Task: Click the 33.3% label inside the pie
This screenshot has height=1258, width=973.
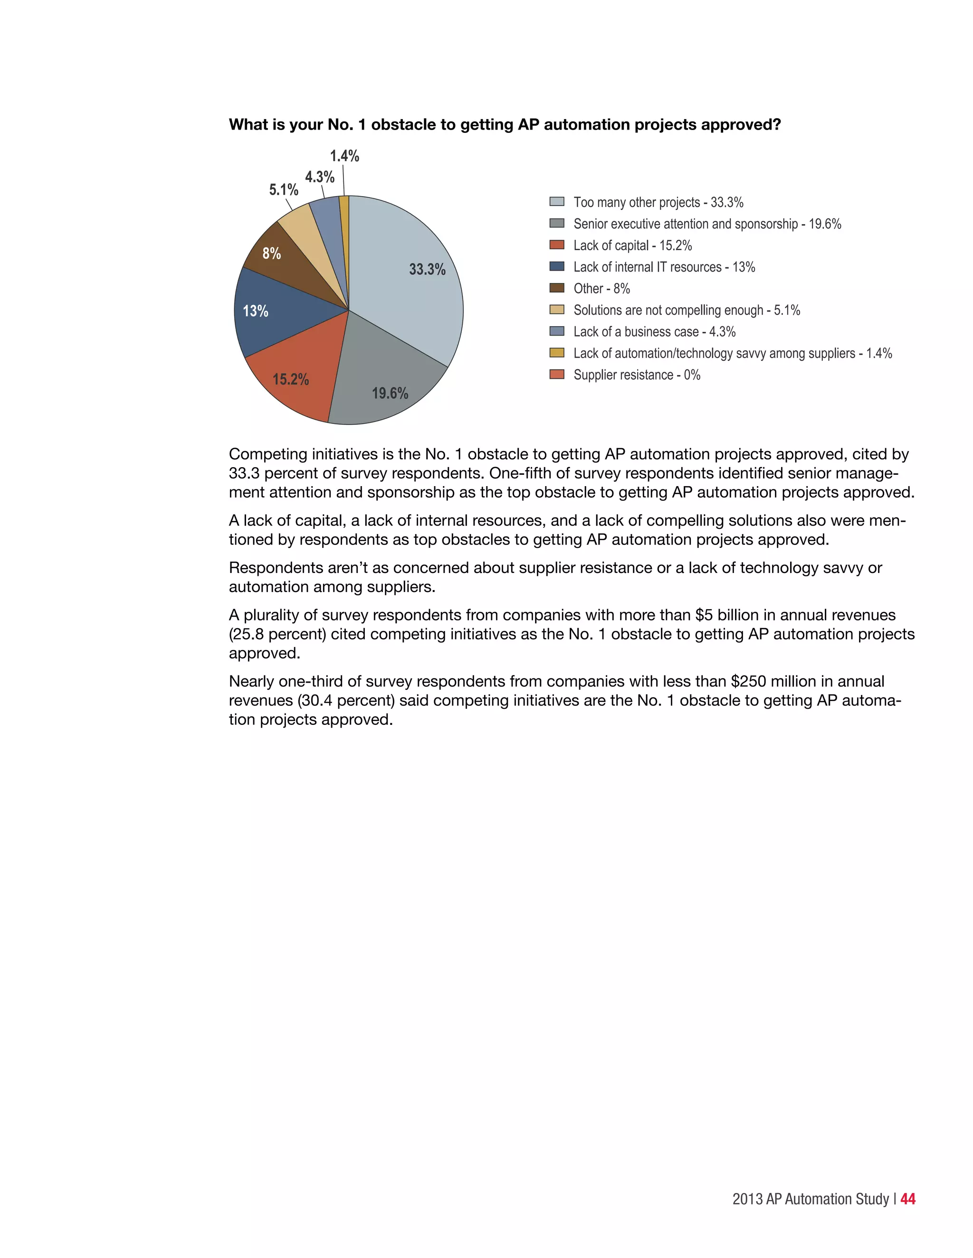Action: coord(427,269)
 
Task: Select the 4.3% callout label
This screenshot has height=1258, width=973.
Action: coord(319,177)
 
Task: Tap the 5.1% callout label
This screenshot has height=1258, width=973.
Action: coord(284,189)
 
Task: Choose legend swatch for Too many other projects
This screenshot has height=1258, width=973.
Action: coord(556,202)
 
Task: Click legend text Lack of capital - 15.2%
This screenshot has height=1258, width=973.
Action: coord(632,245)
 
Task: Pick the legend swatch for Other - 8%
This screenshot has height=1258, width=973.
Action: coord(556,288)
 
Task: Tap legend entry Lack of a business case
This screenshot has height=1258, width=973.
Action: coord(654,332)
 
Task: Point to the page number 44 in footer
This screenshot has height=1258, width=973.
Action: coord(907,1199)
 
